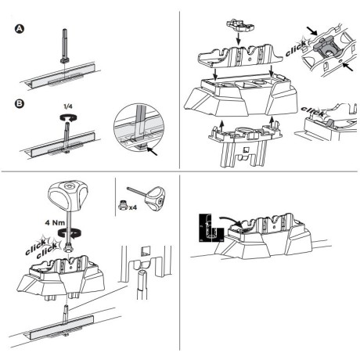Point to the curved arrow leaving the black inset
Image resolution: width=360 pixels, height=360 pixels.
(229, 221)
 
